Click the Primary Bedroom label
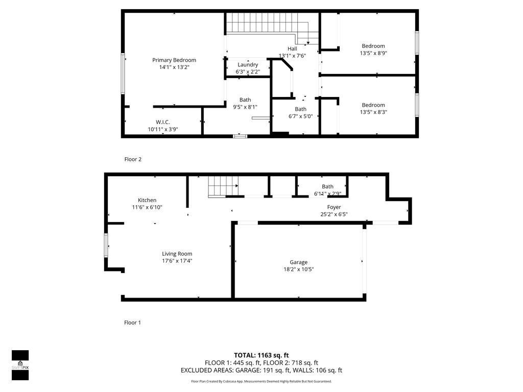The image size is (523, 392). click(x=174, y=60)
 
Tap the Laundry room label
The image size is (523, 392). click(x=248, y=65)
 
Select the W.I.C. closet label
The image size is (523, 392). click(x=162, y=122)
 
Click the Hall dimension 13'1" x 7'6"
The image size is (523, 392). click(x=292, y=56)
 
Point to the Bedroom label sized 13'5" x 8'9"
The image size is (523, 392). click(x=373, y=46)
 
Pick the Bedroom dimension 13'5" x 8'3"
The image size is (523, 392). click(x=373, y=112)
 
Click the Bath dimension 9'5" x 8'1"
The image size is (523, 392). click(x=245, y=107)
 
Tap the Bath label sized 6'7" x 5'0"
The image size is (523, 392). click(x=300, y=109)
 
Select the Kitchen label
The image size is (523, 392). click(x=147, y=200)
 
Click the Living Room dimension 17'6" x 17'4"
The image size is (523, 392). click(x=177, y=261)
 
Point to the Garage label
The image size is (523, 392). click(x=299, y=262)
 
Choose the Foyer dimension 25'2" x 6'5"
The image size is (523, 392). click(x=334, y=214)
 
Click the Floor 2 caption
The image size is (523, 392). click(x=133, y=159)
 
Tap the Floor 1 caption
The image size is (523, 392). click(x=132, y=323)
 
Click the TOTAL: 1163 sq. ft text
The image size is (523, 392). click(x=261, y=355)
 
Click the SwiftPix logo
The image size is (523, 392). click(x=20, y=365)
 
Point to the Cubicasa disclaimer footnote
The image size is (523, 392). click(x=261, y=381)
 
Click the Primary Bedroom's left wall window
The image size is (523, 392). click(x=123, y=73)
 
